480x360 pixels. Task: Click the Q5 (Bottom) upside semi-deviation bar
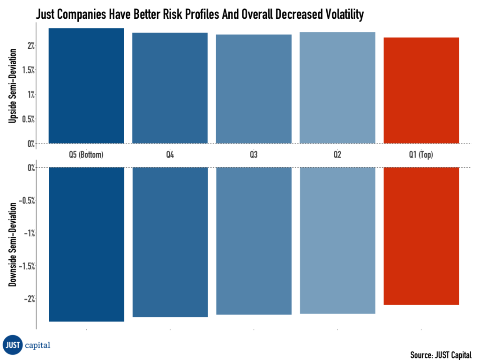pos(86,86)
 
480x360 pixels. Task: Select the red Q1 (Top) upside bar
pos(421,90)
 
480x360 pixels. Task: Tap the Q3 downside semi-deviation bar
pos(254,240)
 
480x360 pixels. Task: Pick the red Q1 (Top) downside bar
pos(421,236)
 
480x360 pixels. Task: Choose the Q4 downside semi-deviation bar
pos(170,242)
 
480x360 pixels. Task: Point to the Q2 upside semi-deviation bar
pos(337,88)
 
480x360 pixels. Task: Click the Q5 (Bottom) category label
pos(86,154)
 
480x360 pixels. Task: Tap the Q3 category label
pos(254,154)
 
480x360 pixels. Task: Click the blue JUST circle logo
pos(13,345)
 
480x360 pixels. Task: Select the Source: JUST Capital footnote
pos(441,353)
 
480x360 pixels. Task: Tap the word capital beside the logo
pos(38,345)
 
